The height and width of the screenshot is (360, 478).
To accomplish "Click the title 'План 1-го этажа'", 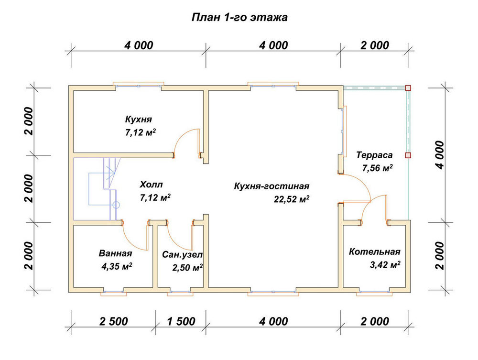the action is pyautogui.click(x=239, y=18).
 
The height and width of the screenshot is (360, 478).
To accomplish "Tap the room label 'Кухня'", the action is pyautogui.click(x=139, y=119).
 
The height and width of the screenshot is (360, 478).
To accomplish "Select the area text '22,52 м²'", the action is pyautogui.click(x=292, y=199).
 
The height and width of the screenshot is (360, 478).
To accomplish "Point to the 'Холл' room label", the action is pyautogui.click(x=151, y=185).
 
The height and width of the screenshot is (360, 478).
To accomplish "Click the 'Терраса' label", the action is pyautogui.click(x=374, y=155).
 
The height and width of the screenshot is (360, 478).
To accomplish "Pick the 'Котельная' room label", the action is pyautogui.click(x=374, y=252).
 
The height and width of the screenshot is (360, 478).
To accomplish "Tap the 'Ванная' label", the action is pyautogui.click(x=115, y=253).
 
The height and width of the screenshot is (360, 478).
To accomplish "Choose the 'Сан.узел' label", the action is pyautogui.click(x=182, y=254).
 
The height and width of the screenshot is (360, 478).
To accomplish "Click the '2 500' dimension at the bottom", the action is pyautogui.click(x=113, y=321).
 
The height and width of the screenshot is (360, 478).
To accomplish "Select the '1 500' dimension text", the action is pyautogui.click(x=181, y=321).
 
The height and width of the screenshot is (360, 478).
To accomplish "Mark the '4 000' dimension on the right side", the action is pyautogui.click(x=440, y=155).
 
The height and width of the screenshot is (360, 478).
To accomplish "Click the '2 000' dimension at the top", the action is pyautogui.click(x=375, y=45).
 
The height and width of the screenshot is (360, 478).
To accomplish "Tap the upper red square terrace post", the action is pyautogui.click(x=408, y=88).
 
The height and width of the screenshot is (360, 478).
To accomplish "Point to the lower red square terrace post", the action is pyautogui.click(x=408, y=155).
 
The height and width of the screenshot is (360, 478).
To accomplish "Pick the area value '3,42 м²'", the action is pyautogui.click(x=385, y=264).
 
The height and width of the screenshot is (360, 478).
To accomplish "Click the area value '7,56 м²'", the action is pyautogui.click(x=377, y=168).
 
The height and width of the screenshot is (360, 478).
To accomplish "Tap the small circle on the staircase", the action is pyautogui.click(x=116, y=205).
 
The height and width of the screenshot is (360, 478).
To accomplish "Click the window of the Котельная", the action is pyautogui.click(x=374, y=293).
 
